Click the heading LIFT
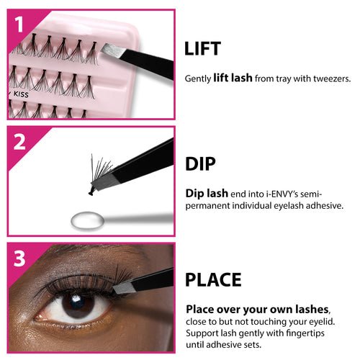click(203, 49)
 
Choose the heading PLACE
click(214, 279)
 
